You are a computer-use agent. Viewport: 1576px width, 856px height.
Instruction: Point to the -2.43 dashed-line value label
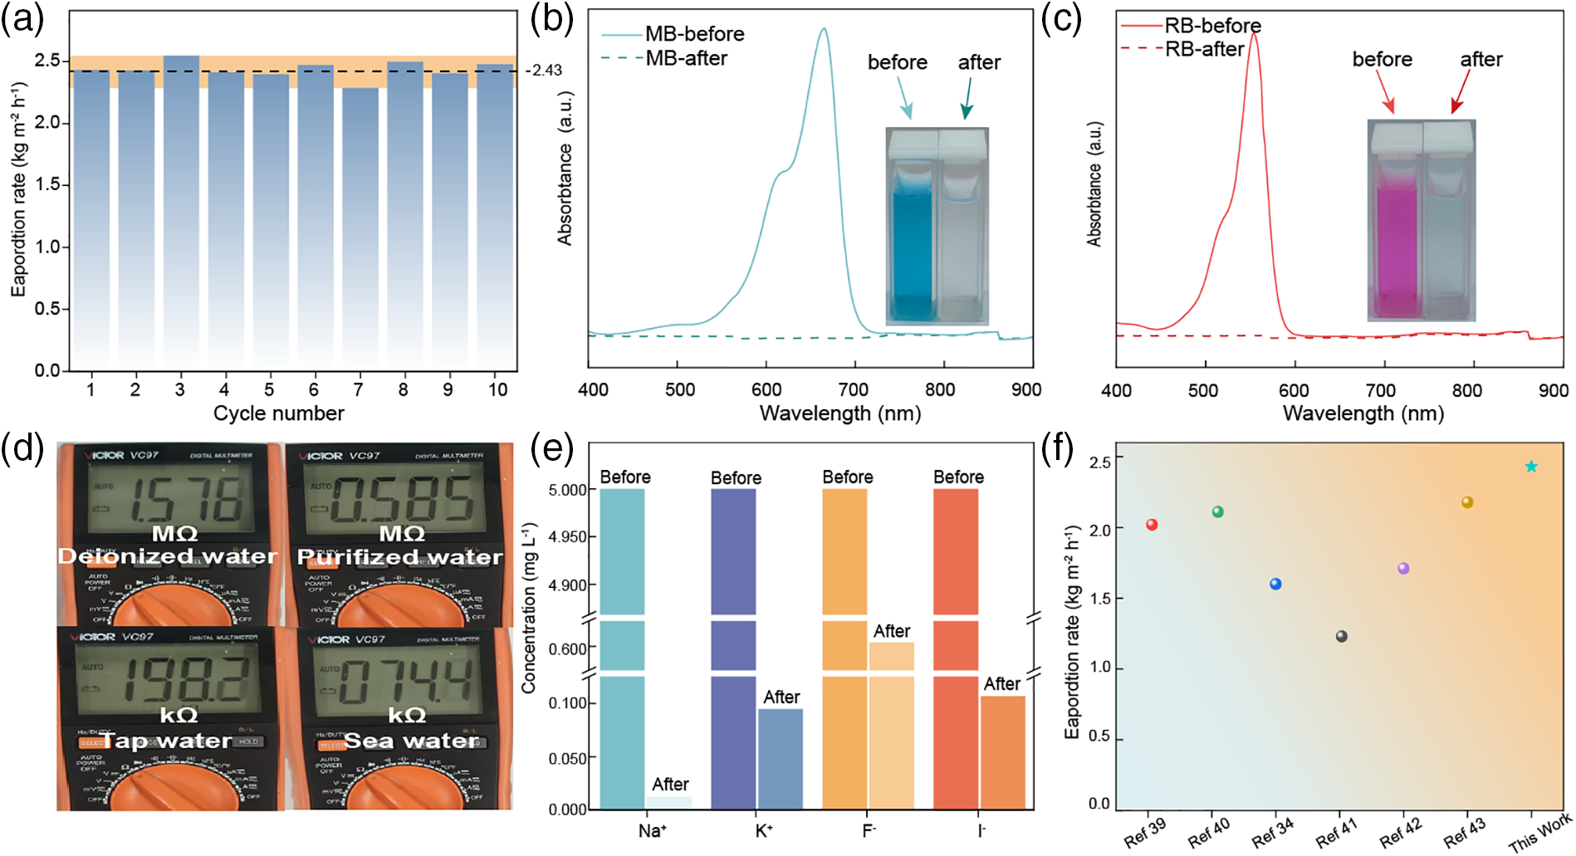pyautogui.click(x=545, y=71)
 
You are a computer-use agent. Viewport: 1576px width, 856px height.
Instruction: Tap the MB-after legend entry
pyautogui.click(x=685, y=58)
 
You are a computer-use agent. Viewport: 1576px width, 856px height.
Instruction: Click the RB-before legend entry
pyautogui.click(x=1211, y=26)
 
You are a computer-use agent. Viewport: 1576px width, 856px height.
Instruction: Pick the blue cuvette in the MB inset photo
pyautogui.click(x=912, y=249)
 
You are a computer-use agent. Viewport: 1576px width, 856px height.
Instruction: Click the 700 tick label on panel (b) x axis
pyautogui.click(x=853, y=390)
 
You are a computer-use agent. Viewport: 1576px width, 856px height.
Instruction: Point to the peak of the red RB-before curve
pyautogui.click(x=1253, y=35)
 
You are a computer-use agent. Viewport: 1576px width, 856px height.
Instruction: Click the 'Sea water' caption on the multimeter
pyautogui.click(x=411, y=741)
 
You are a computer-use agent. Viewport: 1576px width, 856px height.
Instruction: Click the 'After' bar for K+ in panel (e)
pyautogui.click(x=781, y=758)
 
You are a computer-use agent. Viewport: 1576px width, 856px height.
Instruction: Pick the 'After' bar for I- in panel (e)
pyautogui.click(x=1003, y=751)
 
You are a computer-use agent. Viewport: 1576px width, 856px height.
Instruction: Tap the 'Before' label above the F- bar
pyautogui.click(x=847, y=477)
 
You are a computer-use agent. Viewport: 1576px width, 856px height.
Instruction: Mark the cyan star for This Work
pyautogui.click(x=1531, y=467)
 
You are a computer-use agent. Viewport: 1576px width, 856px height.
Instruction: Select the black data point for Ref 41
pyautogui.click(x=1341, y=636)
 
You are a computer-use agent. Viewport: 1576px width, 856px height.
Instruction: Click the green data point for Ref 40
pyautogui.click(x=1217, y=511)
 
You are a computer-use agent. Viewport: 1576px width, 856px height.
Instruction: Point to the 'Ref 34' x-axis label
pyautogui.click(x=1273, y=832)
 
